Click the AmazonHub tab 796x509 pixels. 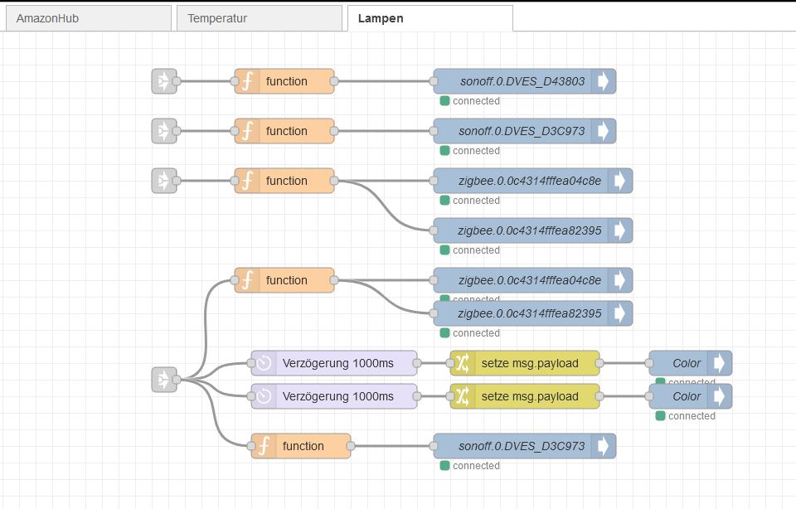pyautogui.click(x=47, y=17)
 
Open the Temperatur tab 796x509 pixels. pyautogui.click(x=217, y=17)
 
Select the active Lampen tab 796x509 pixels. pyautogui.click(x=381, y=17)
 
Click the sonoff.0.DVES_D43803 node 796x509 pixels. pyautogui.click(x=522, y=81)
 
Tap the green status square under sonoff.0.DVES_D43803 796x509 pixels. pyautogui.click(x=444, y=101)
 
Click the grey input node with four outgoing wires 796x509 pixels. pyautogui.click(x=163, y=380)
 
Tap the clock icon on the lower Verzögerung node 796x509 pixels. pyautogui.click(x=264, y=396)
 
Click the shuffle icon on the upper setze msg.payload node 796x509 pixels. pyautogui.click(x=463, y=363)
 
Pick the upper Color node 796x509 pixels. pyautogui.click(x=687, y=363)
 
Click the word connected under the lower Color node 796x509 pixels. pyautogui.click(x=692, y=416)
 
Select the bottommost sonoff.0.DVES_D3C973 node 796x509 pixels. pyautogui.click(x=522, y=446)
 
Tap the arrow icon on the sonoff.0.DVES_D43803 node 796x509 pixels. pyautogui.click(x=604, y=81)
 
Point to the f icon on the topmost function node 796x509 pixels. pyautogui.click(x=247, y=81)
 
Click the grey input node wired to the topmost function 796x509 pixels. pyautogui.click(x=163, y=81)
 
